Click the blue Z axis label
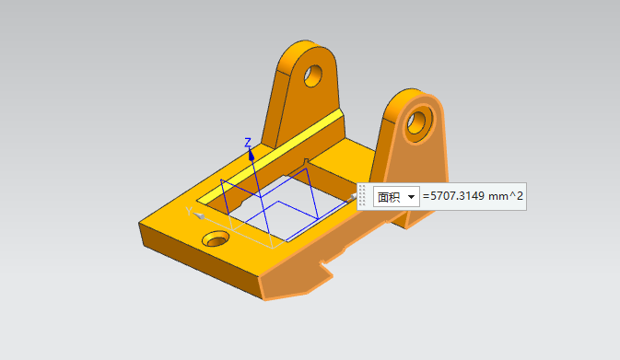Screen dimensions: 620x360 pyautogui.click(x=248, y=143)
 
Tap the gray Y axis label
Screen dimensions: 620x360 pyautogui.click(x=190, y=211)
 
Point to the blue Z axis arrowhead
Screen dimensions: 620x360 pyautogui.click(x=252, y=155)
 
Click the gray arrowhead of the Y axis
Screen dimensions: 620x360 pyautogui.click(x=199, y=215)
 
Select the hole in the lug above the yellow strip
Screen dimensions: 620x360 pyautogui.click(x=313, y=75)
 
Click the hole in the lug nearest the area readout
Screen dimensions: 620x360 pyautogui.click(x=416, y=122)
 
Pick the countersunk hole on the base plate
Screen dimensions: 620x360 pyautogui.click(x=216, y=239)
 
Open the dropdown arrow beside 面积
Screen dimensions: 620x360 pyautogui.click(x=411, y=197)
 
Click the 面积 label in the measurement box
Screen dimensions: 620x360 pyautogui.click(x=389, y=197)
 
